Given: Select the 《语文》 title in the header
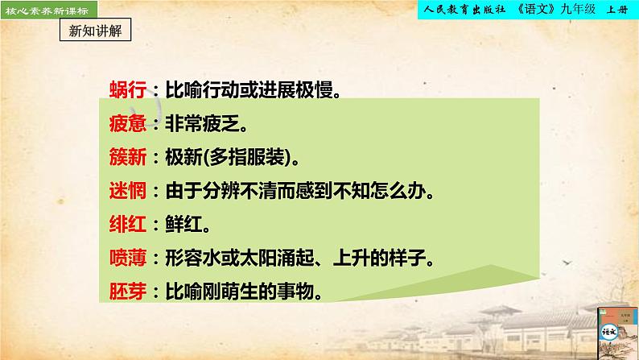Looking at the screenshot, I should (543, 9).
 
